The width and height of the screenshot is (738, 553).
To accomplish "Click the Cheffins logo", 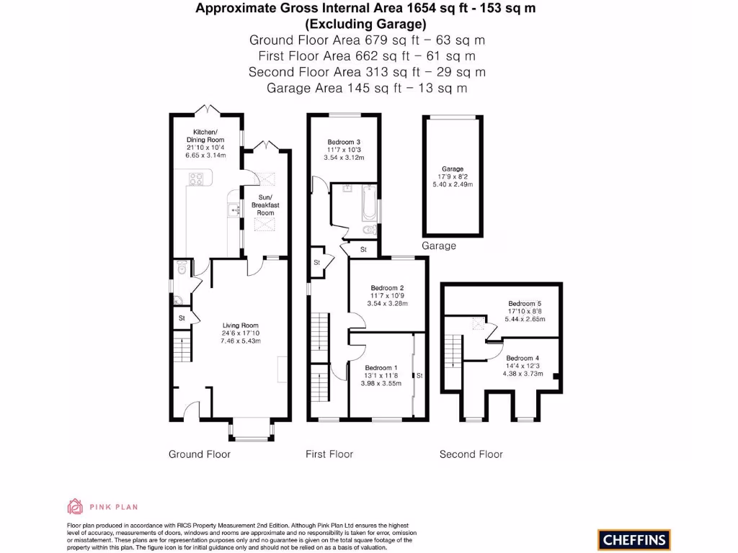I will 633,539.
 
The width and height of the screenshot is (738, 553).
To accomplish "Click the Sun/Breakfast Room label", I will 264,205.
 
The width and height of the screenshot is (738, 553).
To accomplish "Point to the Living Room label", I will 240,325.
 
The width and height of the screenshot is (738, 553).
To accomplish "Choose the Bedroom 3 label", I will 344,142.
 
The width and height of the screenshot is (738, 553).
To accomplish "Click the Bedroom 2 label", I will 386,289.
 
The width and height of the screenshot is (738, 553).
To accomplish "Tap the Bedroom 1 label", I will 379,368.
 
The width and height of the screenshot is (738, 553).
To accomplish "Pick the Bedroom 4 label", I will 522,358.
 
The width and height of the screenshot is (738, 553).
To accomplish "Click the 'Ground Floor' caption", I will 200,454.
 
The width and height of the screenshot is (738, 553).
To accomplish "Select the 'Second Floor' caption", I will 471,454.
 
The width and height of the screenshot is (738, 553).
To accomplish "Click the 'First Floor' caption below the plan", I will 329,454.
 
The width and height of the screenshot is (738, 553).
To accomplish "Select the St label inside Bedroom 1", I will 419,375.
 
